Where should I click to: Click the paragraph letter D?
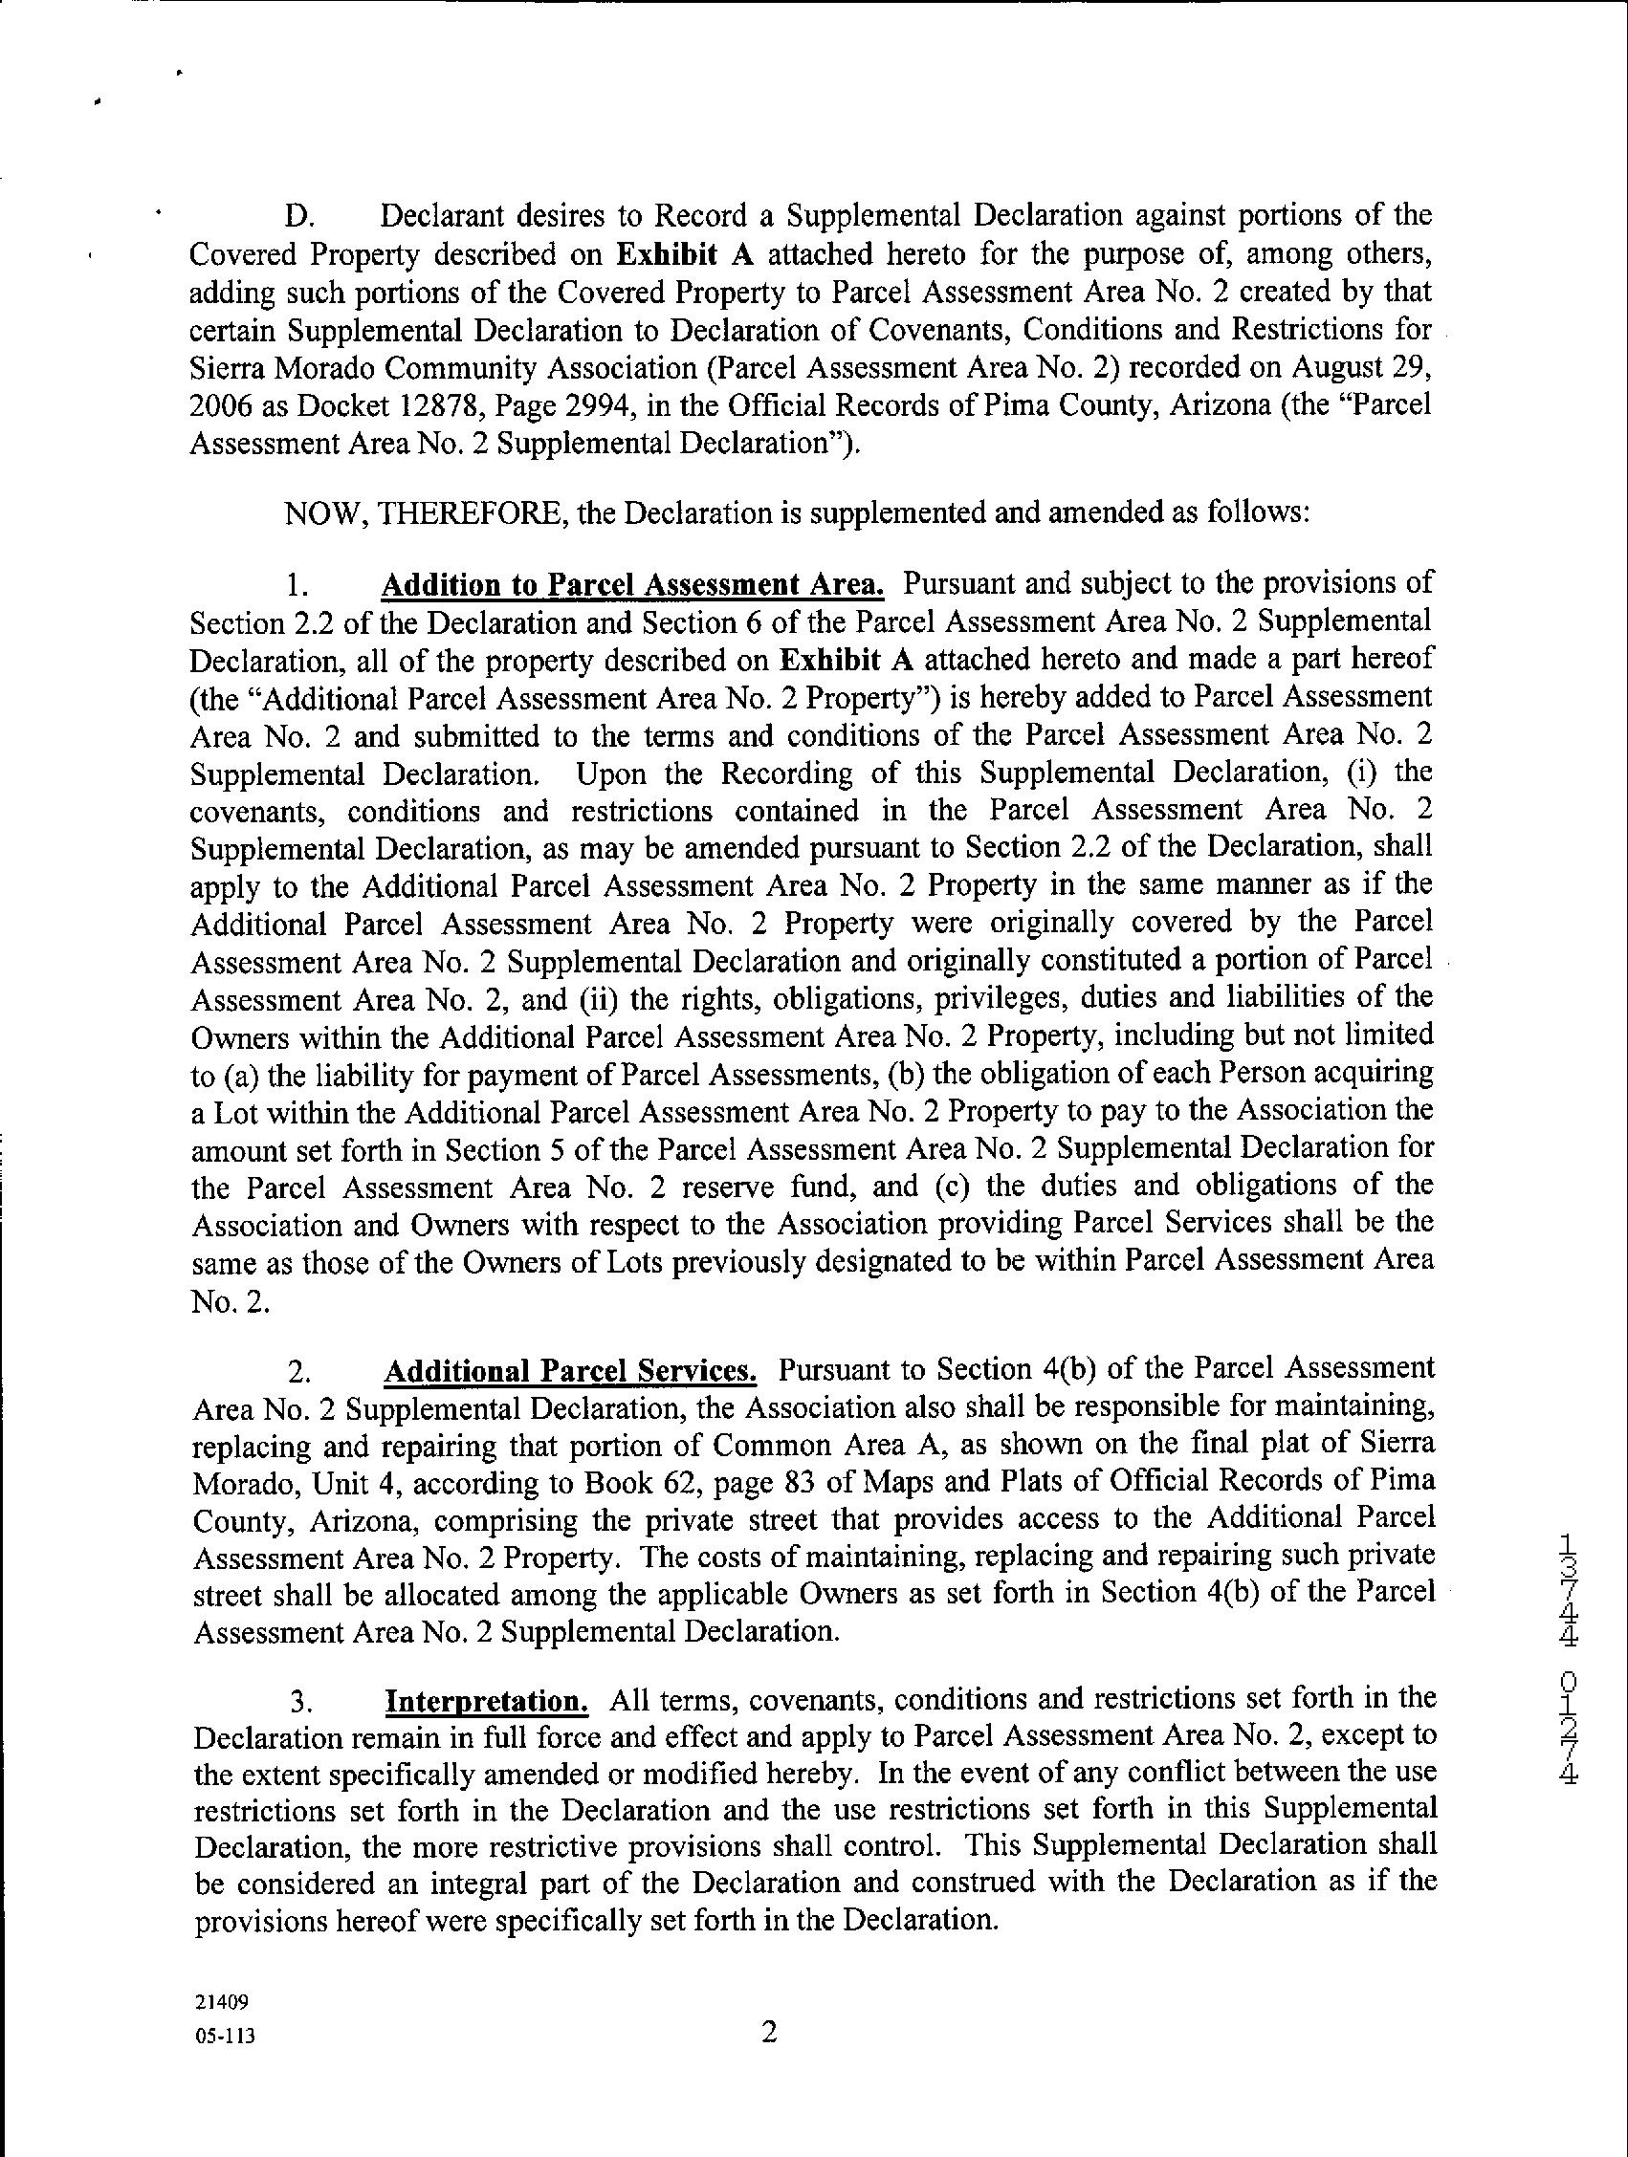(297, 214)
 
